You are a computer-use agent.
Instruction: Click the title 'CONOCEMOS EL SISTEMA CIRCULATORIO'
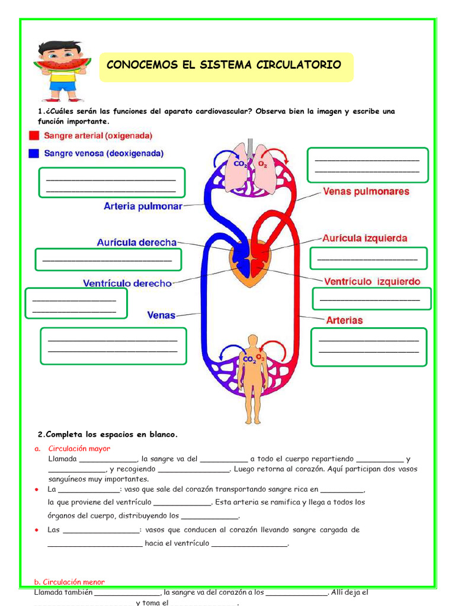coord(224,65)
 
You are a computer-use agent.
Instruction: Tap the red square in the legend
coord(34,136)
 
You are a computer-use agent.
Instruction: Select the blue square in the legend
coord(34,153)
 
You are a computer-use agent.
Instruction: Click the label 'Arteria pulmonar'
coord(143,207)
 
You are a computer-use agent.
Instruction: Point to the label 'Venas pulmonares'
coord(366,192)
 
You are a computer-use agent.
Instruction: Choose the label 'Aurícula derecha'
coord(137,243)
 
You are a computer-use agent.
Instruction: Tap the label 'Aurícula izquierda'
coord(364,238)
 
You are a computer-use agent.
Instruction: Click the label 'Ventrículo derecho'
coord(127,283)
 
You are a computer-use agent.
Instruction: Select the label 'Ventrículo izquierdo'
coord(372,282)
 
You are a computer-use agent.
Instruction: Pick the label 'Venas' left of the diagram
coord(161,315)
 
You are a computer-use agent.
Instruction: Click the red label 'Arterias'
coord(345,320)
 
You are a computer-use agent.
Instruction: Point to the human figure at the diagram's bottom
coord(253,379)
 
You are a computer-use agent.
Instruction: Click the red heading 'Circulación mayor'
coord(79,449)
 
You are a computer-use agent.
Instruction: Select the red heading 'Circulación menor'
coord(69,582)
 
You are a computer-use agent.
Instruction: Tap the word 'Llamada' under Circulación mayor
coord(62,459)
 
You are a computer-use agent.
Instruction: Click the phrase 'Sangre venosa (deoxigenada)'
coord(104,153)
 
